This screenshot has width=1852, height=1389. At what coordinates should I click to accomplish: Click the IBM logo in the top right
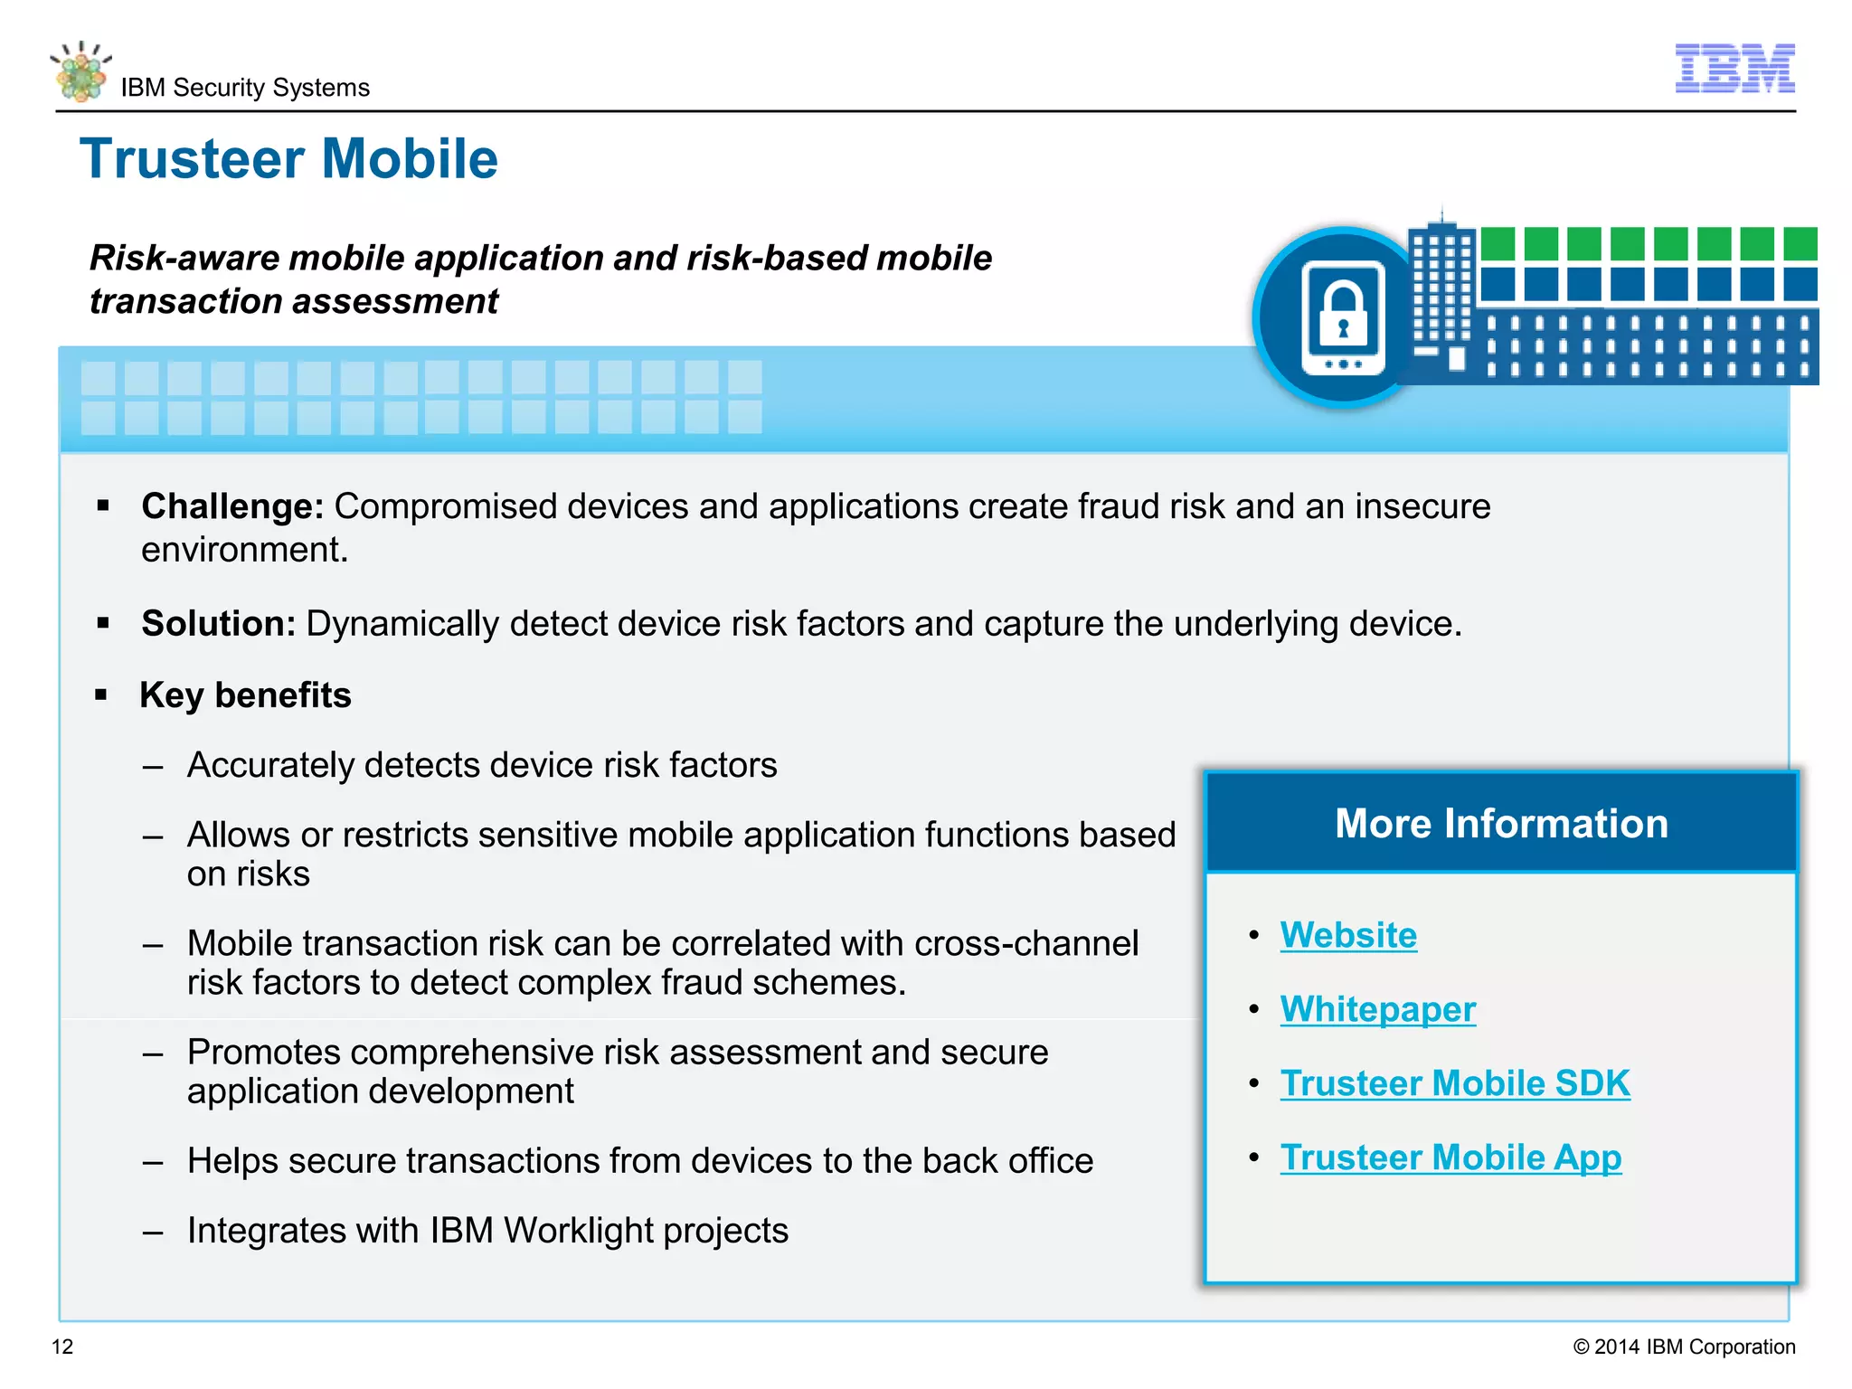pyautogui.click(x=1734, y=68)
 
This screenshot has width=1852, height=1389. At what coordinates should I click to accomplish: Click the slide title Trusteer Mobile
pyautogui.click(x=289, y=159)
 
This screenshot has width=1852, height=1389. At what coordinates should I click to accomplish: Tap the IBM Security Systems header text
pyautogui.click(x=245, y=88)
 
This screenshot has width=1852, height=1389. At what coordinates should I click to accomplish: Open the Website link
pyautogui.click(x=1347, y=935)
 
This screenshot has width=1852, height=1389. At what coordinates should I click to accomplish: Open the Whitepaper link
pyautogui.click(x=1377, y=1009)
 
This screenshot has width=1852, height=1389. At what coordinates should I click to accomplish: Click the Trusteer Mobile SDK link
pyautogui.click(x=1454, y=1083)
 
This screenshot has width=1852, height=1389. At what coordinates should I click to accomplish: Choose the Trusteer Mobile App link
pyautogui.click(x=1450, y=1157)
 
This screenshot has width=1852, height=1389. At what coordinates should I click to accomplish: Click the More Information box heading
pyautogui.click(x=1501, y=824)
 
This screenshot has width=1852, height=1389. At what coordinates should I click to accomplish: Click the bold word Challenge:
pyautogui.click(x=232, y=506)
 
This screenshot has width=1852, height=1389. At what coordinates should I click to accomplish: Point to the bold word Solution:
pyautogui.click(x=218, y=624)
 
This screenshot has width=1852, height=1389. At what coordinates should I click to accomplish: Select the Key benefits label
pyautogui.click(x=245, y=695)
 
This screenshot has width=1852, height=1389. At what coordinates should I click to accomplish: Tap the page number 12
pyautogui.click(x=62, y=1346)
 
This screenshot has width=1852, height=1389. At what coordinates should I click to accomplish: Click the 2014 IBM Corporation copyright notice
pyautogui.click(x=1684, y=1346)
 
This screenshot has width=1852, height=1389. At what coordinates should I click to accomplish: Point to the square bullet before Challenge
pyautogui.click(x=103, y=506)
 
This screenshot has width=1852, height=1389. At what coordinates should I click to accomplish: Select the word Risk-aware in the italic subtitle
pyautogui.click(x=184, y=258)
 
